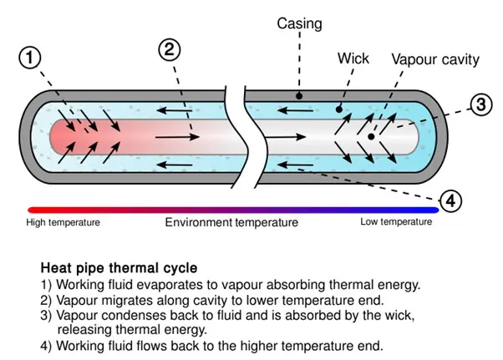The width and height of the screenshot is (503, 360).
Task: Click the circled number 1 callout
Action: click(30, 58)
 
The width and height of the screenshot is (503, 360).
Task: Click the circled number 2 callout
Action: click(170, 49)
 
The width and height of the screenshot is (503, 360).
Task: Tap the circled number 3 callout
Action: click(480, 105)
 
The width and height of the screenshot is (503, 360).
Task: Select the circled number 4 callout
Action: click(450, 200)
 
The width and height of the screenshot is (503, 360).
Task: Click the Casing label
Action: click(299, 23)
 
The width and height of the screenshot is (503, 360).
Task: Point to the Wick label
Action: click(353, 58)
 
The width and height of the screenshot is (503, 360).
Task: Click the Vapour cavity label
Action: click(435, 59)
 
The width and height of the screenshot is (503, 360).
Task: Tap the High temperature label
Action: click(64, 222)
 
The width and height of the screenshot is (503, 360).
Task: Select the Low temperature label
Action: click(396, 222)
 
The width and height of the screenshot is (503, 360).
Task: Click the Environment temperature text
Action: click(231, 222)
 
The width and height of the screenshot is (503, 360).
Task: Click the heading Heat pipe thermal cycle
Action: click(119, 268)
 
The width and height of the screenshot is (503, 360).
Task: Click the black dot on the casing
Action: click(299, 95)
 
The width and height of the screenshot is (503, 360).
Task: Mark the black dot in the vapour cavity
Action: click(371, 135)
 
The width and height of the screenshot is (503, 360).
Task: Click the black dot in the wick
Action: click(338, 109)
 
